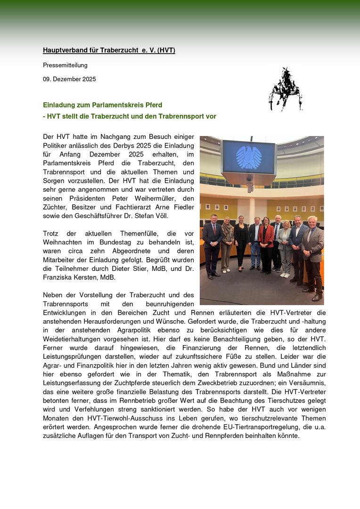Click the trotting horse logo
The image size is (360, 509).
tap(285, 89)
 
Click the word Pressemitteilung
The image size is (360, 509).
tap(65, 65)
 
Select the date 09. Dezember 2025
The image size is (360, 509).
tap(69, 79)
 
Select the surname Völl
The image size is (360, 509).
tap(158, 216)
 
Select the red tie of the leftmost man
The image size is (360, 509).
tap(213, 230)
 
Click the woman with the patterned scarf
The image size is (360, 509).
tap(228, 240)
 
